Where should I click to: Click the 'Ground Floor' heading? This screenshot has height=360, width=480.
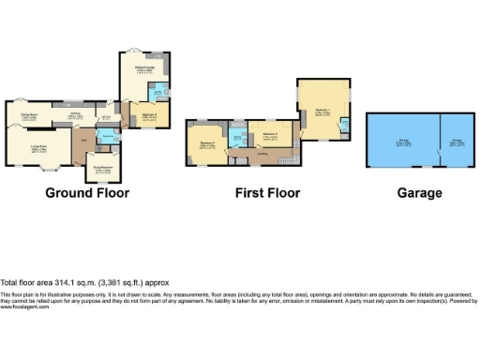87,193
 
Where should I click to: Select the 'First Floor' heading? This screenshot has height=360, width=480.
267,193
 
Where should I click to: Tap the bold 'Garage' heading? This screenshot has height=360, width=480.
418,193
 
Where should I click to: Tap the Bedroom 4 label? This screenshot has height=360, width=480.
149,115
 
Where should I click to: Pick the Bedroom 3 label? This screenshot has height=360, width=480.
269,137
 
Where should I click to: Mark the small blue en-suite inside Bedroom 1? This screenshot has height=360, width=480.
345,126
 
